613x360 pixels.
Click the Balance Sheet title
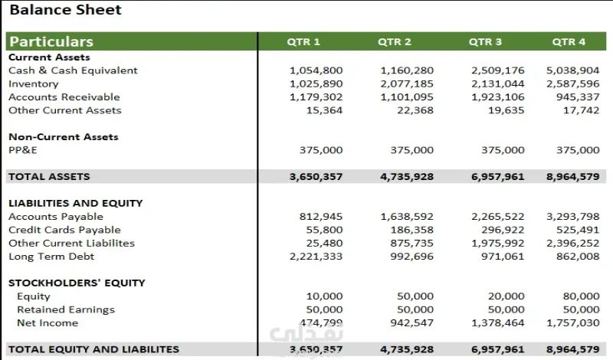[x=65, y=11]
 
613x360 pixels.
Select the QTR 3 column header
[x=485, y=41]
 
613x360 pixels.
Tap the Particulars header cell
[x=51, y=41]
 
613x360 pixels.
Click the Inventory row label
[x=33, y=83]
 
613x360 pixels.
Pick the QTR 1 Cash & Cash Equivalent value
[x=316, y=70]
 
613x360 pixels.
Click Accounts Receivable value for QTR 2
[x=407, y=97]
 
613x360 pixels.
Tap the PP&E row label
[x=22, y=150]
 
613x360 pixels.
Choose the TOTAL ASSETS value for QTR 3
[x=498, y=176]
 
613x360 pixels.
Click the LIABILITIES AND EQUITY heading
[x=75, y=203]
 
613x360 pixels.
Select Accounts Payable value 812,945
[x=321, y=217]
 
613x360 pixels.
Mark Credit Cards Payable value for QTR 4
[x=578, y=230]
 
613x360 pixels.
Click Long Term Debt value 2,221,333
[x=316, y=257]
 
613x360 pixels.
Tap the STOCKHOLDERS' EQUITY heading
[x=77, y=283]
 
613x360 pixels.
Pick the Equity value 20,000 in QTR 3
[x=506, y=296]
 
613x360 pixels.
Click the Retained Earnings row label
[x=66, y=309]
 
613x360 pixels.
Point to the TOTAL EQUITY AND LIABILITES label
[x=93, y=349]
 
